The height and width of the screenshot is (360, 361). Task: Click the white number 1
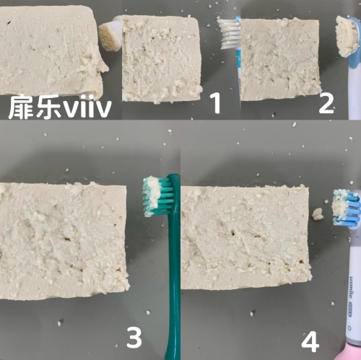pos(216,103)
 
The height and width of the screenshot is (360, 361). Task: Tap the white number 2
pos(326,103)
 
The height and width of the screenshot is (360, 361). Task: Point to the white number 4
pos(310,341)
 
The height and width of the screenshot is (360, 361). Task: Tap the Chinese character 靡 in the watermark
pos(20,106)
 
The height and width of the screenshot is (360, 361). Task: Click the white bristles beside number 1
pos(229,34)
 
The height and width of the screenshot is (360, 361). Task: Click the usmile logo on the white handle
pos(352,287)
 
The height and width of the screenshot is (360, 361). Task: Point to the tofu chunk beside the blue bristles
pos(318,214)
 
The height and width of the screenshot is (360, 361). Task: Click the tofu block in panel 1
pos(161,59)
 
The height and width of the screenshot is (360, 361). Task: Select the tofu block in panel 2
pos(280,59)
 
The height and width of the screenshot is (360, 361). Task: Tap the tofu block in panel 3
pos(64,240)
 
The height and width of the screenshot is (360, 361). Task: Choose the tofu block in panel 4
pos(245,237)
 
